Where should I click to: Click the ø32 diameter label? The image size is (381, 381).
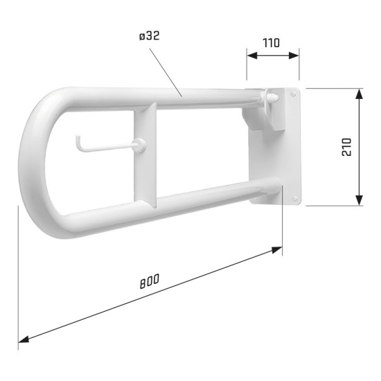coord(150,37)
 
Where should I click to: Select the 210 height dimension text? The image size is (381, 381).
coord(347,147)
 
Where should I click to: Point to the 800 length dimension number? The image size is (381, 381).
coord(149,281)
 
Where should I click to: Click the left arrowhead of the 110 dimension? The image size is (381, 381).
coord(250,55)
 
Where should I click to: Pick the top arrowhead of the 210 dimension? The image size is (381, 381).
coord(359,92)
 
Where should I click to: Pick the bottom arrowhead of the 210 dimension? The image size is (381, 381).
coord(359,201)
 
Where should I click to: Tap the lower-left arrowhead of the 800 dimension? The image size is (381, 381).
coord(22,339)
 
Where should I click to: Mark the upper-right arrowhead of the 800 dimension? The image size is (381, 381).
coord(278,248)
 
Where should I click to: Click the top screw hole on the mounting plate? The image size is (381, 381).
coord(294,92)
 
